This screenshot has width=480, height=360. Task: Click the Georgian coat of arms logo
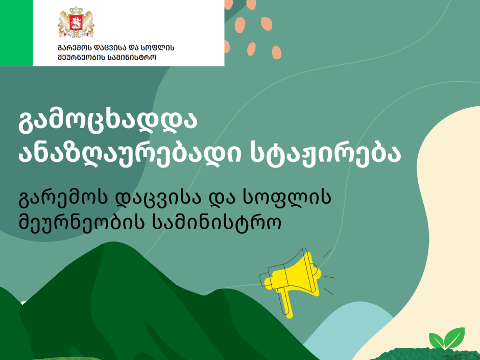coord(76,22)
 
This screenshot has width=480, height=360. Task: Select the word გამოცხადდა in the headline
coord(108,121)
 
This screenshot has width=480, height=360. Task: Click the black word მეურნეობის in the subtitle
coord(81,221)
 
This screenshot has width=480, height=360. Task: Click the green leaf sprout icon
coord(447,338)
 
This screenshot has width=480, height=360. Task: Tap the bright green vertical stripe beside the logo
coord(16,33)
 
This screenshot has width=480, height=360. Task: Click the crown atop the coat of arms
coord(76,10)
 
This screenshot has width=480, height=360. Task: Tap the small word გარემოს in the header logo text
coord(74,48)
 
